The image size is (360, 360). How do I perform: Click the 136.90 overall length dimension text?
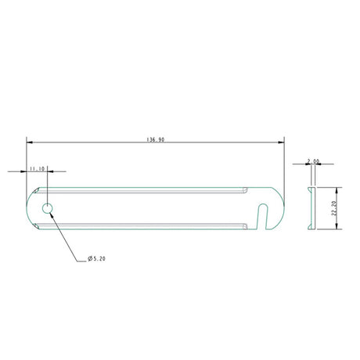(155, 140)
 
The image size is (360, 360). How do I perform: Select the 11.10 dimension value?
(37, 168)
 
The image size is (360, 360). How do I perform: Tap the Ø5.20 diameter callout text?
(97, 259)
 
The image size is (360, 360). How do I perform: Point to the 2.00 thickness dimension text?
(314, 161)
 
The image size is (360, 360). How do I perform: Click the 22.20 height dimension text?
(333, 208)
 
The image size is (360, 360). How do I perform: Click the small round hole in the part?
(48, 208)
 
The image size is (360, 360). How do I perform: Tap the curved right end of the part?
(281, 208)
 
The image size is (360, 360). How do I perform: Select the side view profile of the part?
(311, 208)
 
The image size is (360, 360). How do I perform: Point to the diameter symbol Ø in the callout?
(89, 259)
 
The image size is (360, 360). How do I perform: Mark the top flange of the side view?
(311, 189)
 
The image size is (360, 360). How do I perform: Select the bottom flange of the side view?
(311, 229)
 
